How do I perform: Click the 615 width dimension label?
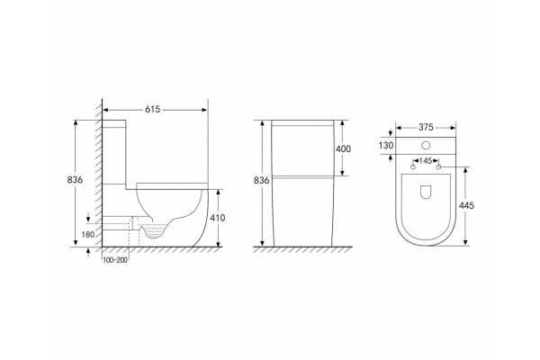click(x=153, y=109)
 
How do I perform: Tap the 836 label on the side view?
click(x=75, y=179)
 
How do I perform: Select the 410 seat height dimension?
click(x=217, y=218)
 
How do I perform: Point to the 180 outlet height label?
click(x=88, y=235)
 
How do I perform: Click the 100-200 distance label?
click(x=115, y=260)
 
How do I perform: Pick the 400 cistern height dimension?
click(x=343, y=148)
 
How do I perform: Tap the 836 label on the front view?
click(x=261, y=180)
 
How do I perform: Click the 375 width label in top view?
click(x=426, y=127)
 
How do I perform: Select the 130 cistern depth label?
click(x=386, y=146)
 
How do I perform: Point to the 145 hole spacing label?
click(x=426, y=160)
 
